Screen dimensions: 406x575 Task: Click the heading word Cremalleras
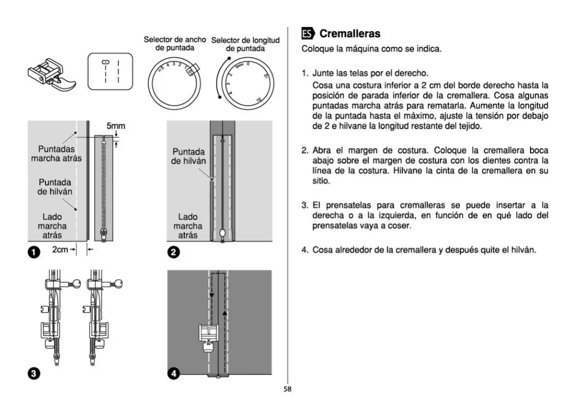tap(350, 33)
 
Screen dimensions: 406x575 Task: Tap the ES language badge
tap(308, 33)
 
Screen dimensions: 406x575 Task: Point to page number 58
tap(287, 388)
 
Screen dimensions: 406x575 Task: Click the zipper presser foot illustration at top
tap(48, 73)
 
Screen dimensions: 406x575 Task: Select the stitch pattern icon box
tap(110, 72)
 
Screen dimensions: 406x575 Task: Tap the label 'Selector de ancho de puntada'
tap(174, 44)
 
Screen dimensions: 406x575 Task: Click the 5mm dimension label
tap(115, 127)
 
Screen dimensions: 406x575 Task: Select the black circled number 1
tap(33, 252)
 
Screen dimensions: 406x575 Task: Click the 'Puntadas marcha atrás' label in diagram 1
tap(57, 153)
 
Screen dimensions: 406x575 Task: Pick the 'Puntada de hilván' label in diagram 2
tap(189, 156)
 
